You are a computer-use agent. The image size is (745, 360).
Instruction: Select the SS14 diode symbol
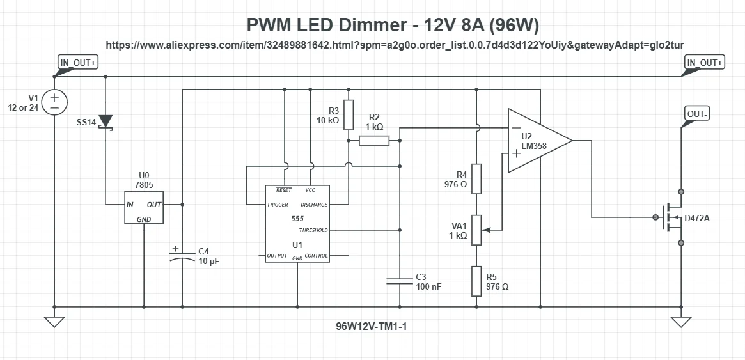pos(106,121)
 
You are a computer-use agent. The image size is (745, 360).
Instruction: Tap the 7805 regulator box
pos(144,207)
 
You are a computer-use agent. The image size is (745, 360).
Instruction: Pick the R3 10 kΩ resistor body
pos(349,114)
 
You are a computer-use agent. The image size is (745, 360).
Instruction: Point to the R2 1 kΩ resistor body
pos(374,140)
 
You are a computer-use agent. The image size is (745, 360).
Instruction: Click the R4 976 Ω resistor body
pos(476,178)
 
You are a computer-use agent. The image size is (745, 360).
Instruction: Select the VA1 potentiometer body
pos(476,230)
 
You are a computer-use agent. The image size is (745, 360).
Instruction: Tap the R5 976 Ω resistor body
pos(476,281)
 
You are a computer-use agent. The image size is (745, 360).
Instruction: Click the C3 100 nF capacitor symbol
pos(400,281)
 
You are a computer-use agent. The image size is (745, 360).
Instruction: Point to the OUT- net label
pos(697,114)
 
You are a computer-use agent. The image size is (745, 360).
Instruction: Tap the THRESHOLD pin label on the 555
pos(313,230)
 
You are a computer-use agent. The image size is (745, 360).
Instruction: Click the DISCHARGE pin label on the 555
pos(313,205)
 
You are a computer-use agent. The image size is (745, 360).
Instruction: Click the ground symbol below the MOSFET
pos(681,321)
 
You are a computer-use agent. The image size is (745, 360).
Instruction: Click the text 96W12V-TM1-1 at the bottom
pos(372,325)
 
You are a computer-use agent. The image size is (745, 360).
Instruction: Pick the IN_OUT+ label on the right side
pos(704,63)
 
